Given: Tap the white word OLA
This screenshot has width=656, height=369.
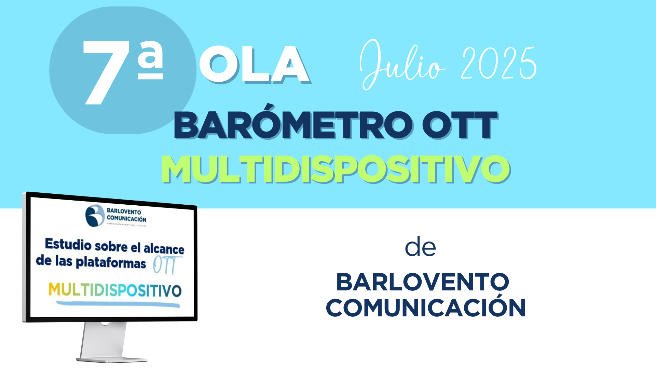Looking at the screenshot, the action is (x=255, y=65).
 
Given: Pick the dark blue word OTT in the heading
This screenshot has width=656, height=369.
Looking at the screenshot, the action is (x=460, y=125).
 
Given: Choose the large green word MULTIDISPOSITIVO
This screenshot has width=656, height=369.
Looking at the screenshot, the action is (x=336, y=169).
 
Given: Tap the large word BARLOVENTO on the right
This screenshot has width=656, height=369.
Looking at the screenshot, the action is (x=423, y=282).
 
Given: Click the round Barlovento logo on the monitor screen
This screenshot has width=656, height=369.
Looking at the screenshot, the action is (x=95, y=216).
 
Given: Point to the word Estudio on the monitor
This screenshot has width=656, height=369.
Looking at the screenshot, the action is (x=68, y=245).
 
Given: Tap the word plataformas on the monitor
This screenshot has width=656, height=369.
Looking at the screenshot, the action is (x=111, y=263).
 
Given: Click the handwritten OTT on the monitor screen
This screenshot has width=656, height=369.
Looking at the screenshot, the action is (x=167, y=265).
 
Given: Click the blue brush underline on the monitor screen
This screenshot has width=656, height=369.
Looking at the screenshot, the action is (x=118, y=304).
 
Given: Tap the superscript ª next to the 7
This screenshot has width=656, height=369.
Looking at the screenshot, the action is (x=150, y=60).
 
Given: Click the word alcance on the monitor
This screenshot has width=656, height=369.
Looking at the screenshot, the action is (x=164, y=249).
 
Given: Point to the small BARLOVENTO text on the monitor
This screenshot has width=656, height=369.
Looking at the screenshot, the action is (x=124, y=212).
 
